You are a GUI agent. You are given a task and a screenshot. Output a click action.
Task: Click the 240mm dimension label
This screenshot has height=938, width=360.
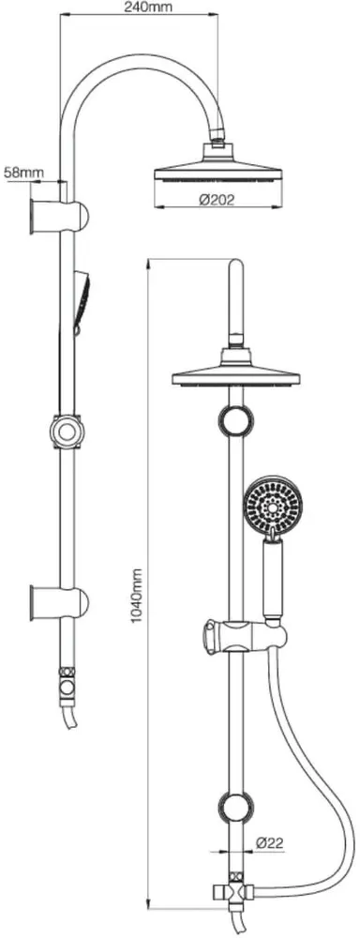148,8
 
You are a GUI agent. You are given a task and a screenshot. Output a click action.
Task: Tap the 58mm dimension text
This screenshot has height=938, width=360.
24,173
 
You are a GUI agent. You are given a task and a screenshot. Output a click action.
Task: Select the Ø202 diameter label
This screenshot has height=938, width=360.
217,200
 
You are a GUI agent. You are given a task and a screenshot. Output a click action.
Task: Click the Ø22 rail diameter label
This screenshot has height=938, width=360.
270,843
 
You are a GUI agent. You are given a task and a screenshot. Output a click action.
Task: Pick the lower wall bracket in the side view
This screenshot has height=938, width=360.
59,602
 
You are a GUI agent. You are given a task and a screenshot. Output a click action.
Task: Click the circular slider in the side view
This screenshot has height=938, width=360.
67,431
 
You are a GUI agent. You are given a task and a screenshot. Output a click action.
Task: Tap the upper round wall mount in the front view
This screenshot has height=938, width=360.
236,419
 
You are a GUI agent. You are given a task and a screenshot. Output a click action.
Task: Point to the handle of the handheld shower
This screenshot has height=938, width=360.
273,577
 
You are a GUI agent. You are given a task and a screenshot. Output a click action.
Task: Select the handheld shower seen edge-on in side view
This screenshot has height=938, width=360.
82,301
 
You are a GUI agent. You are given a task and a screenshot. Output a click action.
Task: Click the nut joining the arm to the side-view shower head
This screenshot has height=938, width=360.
217,144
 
